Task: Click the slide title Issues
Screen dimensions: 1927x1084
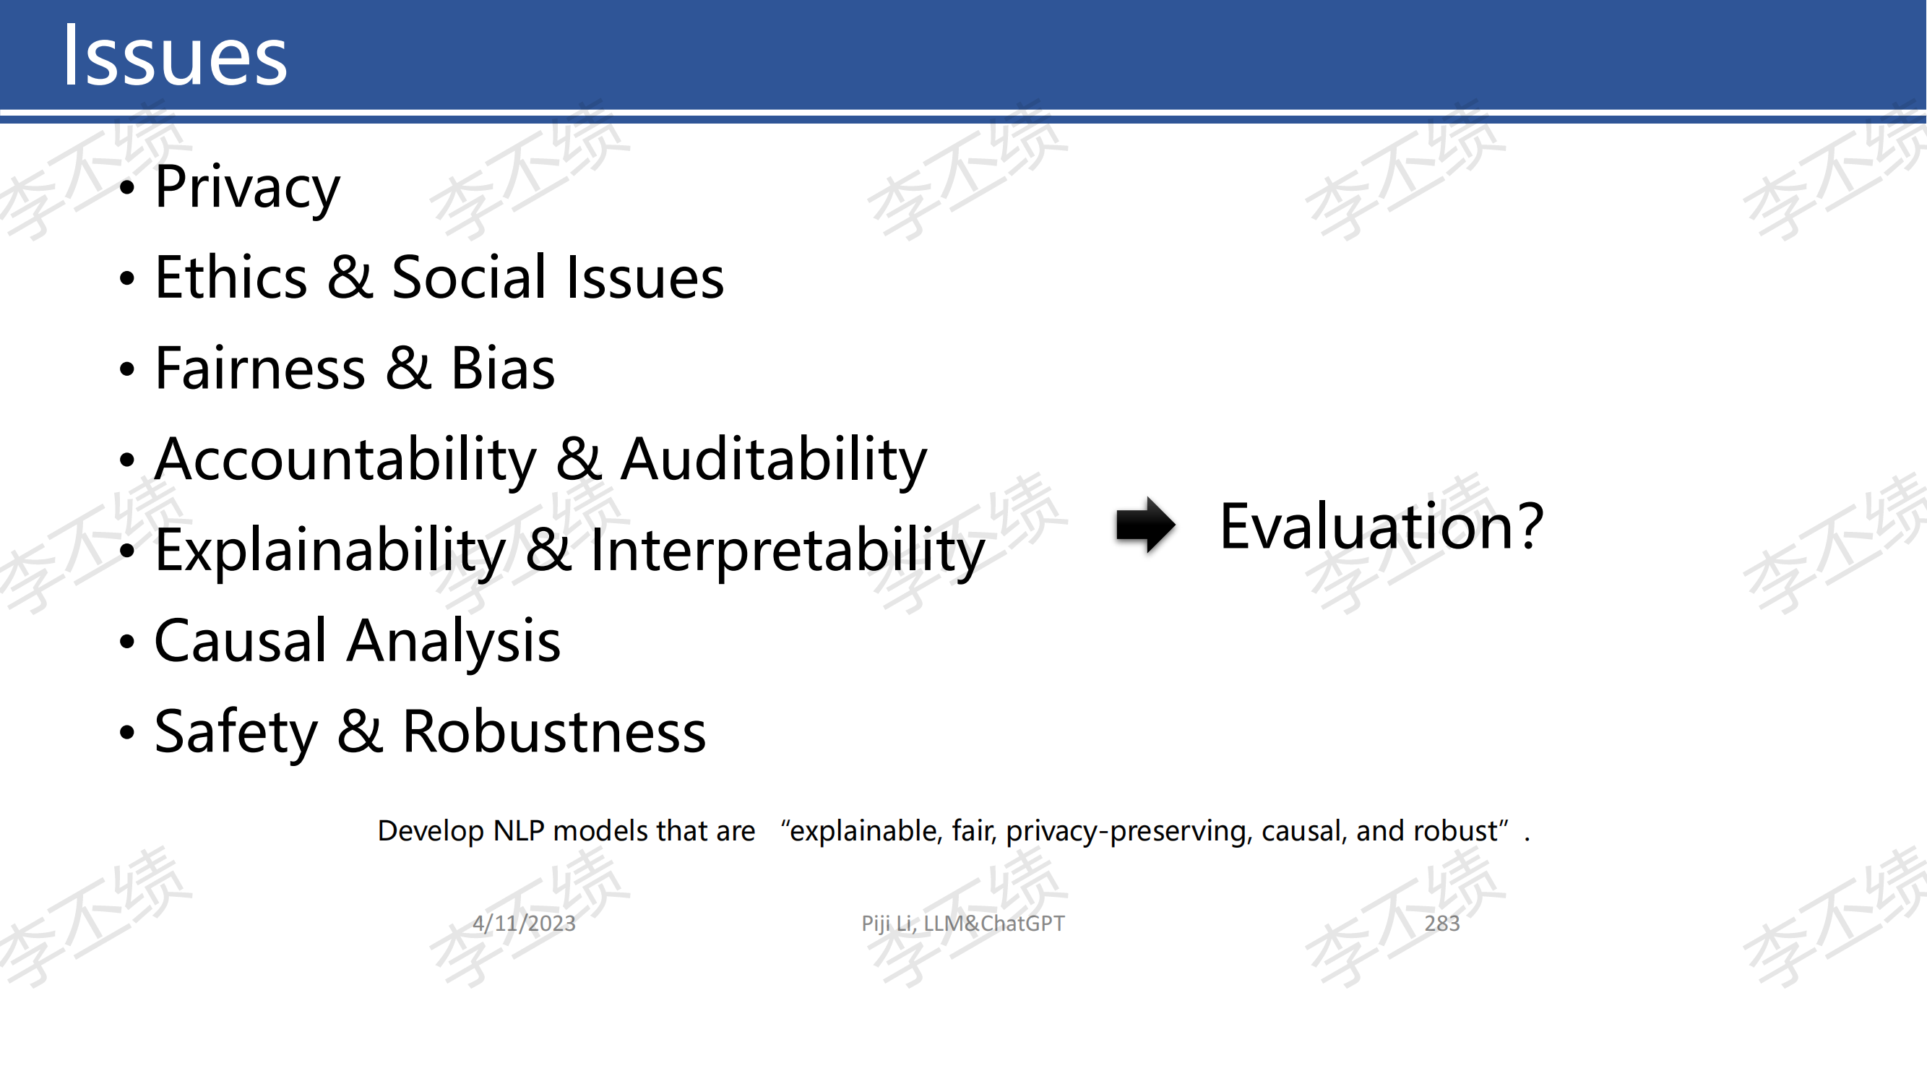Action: [x=175, y=56]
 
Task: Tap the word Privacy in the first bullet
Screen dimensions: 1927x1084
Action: [x=248, y=188]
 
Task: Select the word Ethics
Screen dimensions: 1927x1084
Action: [x=231, y=277]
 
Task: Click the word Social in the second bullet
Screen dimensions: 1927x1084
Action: [x=470, y=277]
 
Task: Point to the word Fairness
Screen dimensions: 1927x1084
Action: [x=260, y=368]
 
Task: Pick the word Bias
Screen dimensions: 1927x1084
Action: [x=503, y=368]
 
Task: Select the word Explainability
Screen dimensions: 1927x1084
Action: [x=331, y=551]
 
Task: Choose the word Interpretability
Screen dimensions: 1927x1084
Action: [x=788, y=551]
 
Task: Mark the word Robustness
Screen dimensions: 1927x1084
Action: [x=554, y=731]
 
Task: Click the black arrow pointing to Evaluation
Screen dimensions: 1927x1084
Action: [x=1145, y=525]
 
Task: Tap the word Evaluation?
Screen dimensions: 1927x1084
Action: [x=1381, y=527]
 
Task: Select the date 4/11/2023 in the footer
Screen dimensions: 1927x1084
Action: [x=525, y=923]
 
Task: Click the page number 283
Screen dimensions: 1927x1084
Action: [x=1441, y=923]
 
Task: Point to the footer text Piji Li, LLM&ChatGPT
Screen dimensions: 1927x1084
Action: [x=962, y=924]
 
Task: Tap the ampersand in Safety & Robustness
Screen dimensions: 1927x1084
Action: [x=361, y=731]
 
